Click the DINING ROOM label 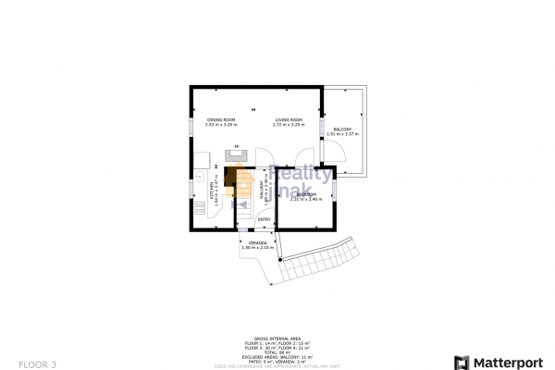(221, 120)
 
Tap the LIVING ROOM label (289, 120)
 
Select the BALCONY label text (343, 129)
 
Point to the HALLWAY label (261, 191)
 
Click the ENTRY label (264, 219)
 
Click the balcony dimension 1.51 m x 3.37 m (343, 135)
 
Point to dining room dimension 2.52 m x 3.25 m (221, 125)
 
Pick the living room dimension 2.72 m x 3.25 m (289, 125)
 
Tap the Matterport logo (496, 360)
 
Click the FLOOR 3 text (37, 364)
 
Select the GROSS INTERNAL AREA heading (277, 339)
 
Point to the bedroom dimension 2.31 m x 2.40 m (307, 200)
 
